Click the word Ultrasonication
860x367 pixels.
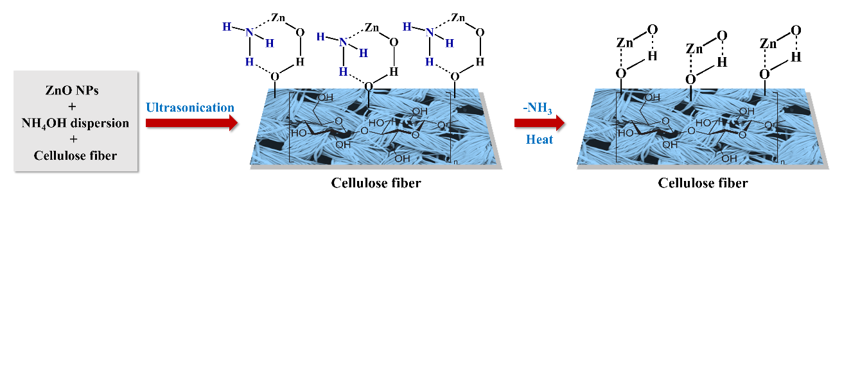coord(190,107)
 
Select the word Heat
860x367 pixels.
coord(540,139)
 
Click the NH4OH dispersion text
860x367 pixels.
coord(76,123)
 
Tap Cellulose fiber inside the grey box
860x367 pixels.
coord(76,155)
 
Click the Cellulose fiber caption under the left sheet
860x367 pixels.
coord(376,183)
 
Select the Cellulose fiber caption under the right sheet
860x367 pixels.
coord(703,183)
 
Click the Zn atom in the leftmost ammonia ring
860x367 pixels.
coord(278,17)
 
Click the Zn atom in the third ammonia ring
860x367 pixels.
coord(459,17)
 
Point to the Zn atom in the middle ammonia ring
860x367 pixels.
coord(372,28)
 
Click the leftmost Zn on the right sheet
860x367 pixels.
coord(624,43)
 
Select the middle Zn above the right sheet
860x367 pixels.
coord(694,49)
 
